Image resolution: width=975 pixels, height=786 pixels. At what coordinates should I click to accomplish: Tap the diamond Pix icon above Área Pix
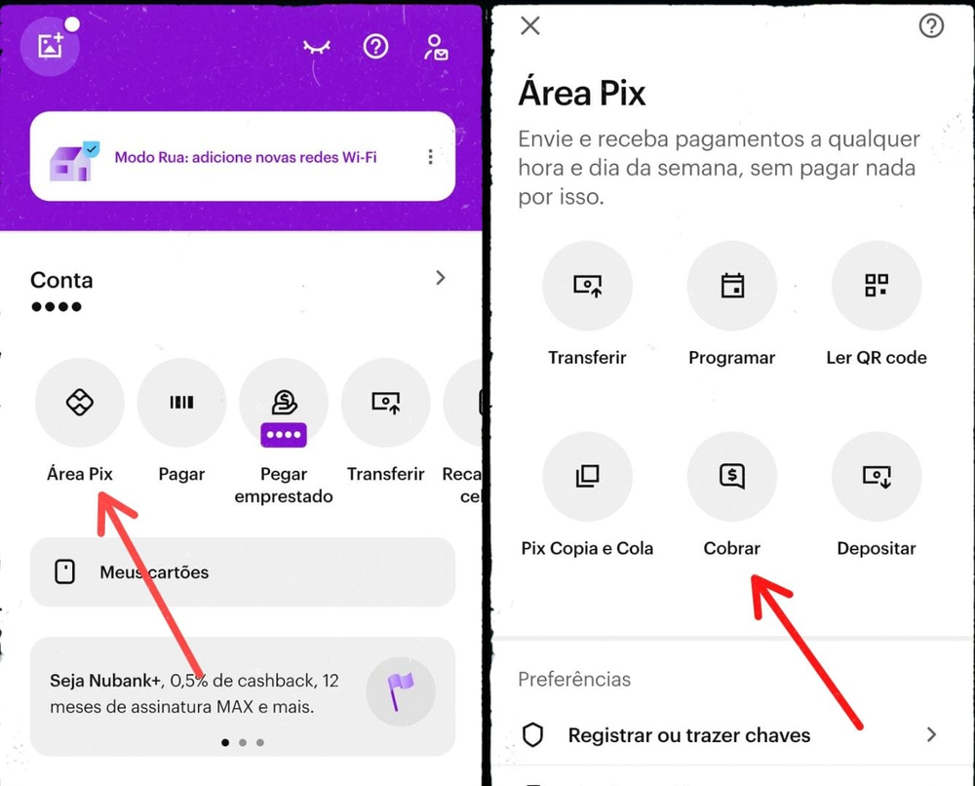point(79,402)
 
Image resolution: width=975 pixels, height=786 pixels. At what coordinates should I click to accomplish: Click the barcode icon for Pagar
point(181,402)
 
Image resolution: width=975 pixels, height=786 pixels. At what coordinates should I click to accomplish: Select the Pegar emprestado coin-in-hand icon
point(284,402)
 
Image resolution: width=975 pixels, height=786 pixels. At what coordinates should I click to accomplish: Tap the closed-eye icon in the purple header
point(316,47)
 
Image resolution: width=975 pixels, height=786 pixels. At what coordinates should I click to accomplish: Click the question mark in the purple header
point(375,46)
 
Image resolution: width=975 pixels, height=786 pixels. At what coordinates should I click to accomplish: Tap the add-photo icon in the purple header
point(51,46)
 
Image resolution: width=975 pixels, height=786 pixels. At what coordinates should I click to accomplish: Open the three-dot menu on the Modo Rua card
point(430,157)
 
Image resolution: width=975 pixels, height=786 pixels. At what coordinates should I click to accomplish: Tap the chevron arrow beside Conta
point(441,278)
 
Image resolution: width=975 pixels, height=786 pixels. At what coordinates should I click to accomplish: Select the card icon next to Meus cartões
point(65,572)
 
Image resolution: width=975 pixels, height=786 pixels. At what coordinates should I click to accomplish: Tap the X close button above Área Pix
point(530,25)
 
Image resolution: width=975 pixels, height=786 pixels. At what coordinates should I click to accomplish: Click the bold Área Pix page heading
point(582,94)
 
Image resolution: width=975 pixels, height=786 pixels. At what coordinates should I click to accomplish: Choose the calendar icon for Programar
point(731,286)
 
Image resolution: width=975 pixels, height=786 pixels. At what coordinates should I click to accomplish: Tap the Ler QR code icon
point(876,286)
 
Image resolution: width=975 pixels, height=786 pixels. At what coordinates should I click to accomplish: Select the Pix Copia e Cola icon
point(587,476)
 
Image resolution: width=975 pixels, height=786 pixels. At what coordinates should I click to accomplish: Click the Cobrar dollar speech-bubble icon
point(731,476)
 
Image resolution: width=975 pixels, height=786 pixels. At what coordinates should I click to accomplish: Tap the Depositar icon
point(876,476)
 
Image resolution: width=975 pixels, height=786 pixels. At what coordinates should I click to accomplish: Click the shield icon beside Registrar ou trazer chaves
point(533,735)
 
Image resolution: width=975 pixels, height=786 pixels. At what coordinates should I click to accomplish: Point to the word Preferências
point(574,679)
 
